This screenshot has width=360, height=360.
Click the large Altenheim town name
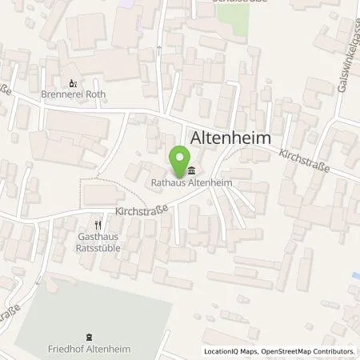pyautogui.click(x=230, y=138)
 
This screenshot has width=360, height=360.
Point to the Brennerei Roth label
pyautogui.click(x=73, y=94)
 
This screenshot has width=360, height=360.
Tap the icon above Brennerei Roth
pyautogui.click(x=73, y=82)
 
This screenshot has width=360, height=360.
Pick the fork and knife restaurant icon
pyautogui.click(x=98, y=226)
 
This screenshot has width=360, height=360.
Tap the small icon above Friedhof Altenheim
pyautogui.click(x=90, y=337)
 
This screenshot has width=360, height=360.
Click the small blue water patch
pyautogui.click(x=356, y=278)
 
